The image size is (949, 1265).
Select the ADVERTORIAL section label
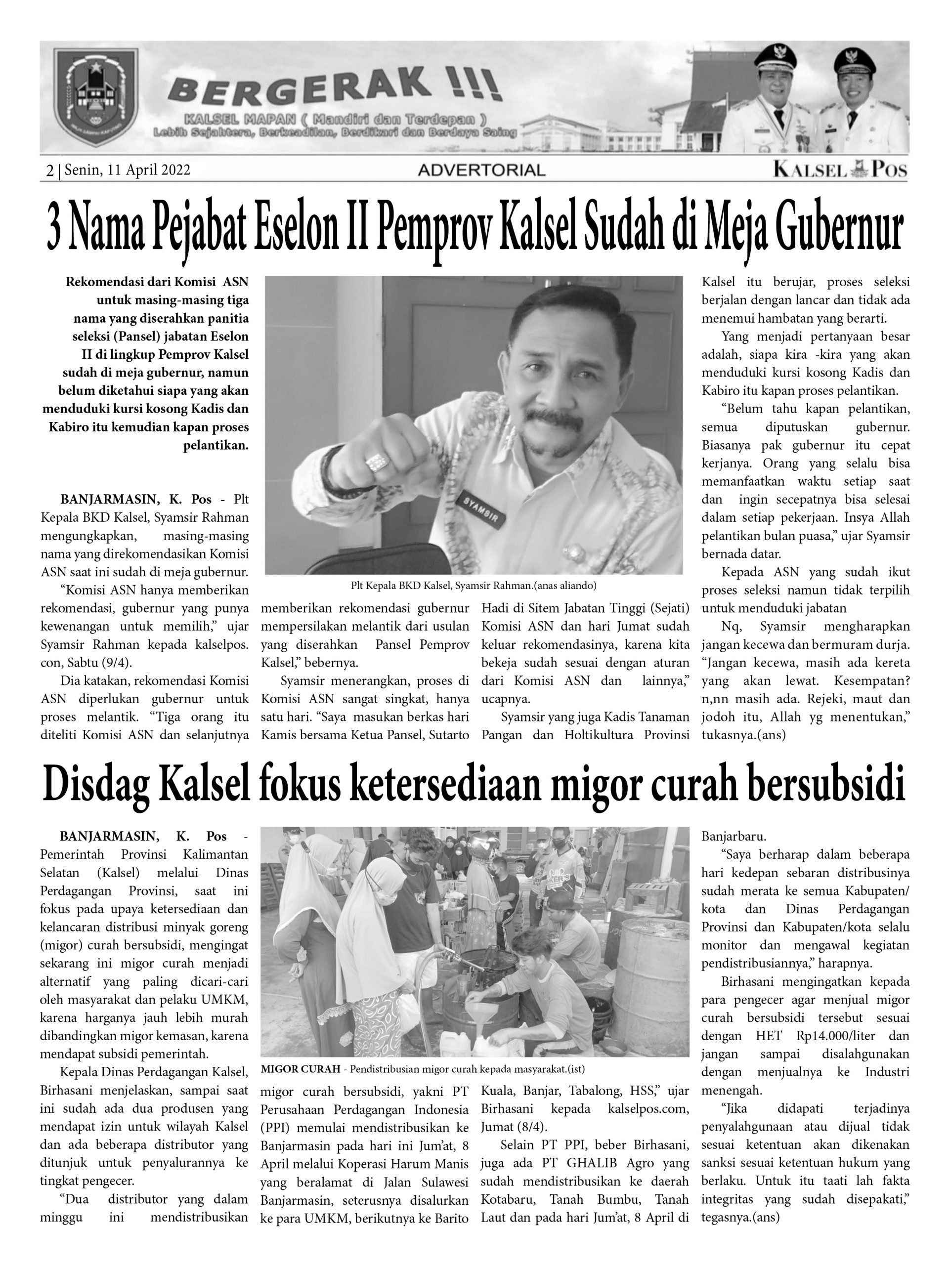click(481, 170)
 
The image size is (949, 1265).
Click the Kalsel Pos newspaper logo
click(840, 170)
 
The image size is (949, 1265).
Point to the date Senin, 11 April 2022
click(127, 170)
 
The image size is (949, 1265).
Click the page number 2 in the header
click(50, 170)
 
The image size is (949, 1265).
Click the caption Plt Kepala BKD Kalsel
click(474, 586)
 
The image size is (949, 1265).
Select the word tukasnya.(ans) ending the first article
click(743, 735)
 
